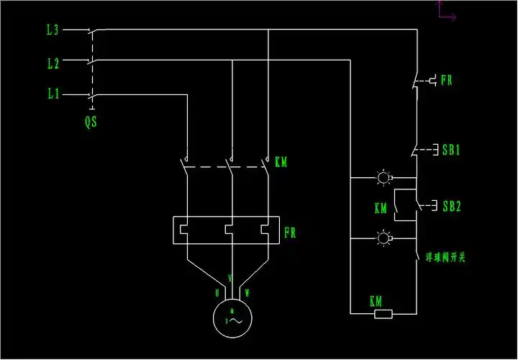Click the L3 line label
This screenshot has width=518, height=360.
click(x=52, y=30)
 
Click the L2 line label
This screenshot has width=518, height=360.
click(x=52, y=63)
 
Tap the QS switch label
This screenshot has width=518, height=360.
click(x=91, y=122)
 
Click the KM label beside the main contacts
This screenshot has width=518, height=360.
click(x=281, y=163)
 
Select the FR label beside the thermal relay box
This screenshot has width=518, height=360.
click(x=290, y=233)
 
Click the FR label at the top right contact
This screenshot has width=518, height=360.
click(x=446, y=81)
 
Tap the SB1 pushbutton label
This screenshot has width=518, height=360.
click(x=451, y=150)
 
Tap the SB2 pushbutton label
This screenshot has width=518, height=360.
click(x=451, y=207)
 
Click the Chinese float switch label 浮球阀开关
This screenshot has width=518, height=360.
click(x=447, y=257)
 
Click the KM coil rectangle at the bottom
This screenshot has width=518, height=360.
click(x=383, y=314)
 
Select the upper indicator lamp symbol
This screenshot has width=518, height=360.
click(x=383, y=176)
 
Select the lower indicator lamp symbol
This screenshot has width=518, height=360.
click(x=383, y=238)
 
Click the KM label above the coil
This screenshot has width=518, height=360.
click(x=376, y=300)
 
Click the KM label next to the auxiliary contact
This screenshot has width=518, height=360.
click(x=381, y=209)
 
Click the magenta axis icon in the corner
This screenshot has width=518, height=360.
click(x=446, y=12)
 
